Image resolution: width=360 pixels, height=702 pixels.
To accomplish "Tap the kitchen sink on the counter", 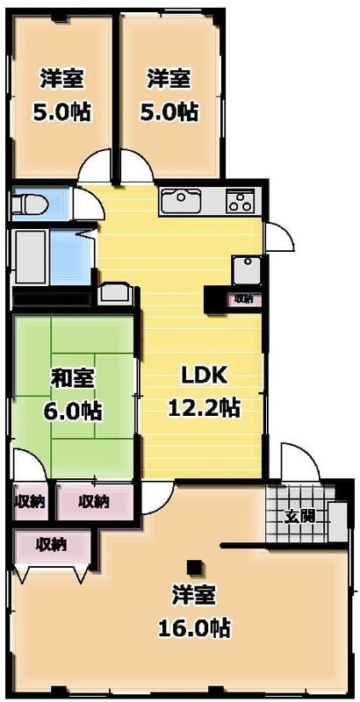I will pos(183,201).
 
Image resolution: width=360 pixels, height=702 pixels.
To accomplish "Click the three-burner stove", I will pos(239,201).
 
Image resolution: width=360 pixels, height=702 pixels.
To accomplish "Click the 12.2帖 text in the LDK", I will pos(205,407).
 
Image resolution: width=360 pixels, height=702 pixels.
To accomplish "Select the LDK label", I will pos(204,376).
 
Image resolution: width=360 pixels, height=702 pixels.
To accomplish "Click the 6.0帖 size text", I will pos(75,410).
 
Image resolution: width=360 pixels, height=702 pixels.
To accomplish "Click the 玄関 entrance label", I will pos(297,515).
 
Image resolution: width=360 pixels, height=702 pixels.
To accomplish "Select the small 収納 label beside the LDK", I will pos(243,299).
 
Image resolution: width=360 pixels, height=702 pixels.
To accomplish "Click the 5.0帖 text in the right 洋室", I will pos(169,111).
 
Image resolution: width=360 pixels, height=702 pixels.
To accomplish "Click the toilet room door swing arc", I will pos(87,204).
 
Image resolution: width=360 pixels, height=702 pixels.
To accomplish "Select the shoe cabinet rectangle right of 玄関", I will pos(336,519).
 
